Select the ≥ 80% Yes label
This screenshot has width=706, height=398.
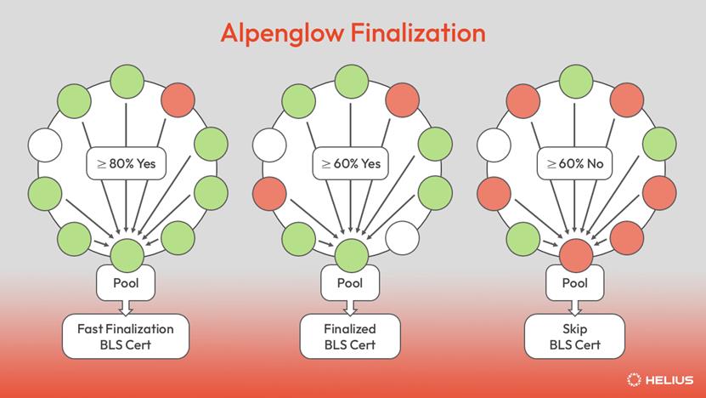[x=126, y=162]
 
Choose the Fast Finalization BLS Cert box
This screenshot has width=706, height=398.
[x=126, y=336]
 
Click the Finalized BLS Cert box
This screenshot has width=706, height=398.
[x=350, y=336]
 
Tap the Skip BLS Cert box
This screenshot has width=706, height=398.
[x=575, y=336]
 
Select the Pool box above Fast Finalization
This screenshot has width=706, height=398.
[x=126, y=281]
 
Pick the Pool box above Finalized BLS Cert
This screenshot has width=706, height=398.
[x=350, y=281]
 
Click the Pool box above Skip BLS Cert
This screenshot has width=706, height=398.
[x=575, y=281]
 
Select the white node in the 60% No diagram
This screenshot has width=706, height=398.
[x=494, y=145]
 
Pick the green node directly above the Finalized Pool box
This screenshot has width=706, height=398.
[x=351, y=253]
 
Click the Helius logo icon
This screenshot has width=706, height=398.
[x=634, y=379]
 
